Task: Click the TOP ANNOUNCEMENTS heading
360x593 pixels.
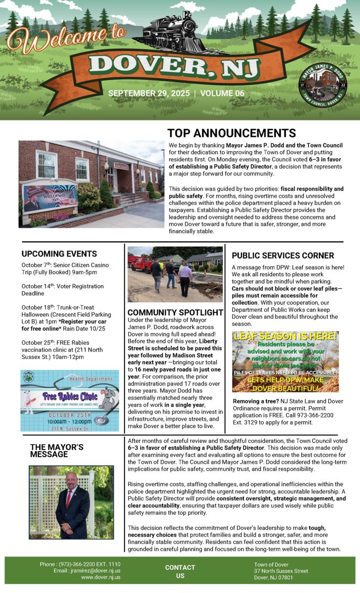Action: (x=232, y=133)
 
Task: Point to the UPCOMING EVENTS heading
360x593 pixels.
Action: (x=59, y=254)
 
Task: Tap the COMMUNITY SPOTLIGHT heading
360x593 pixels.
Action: (x=175, y=312)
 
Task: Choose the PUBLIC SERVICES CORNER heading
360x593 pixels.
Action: (x=283, y=255)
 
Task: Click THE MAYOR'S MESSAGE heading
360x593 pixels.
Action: (x=57, y=451)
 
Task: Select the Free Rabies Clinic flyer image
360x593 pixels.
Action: (x=70, y=400)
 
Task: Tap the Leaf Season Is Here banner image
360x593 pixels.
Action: (x=285, y=361)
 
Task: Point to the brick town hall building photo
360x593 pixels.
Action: (x=91, y=184)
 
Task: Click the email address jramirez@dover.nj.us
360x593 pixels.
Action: (x=94, y=570)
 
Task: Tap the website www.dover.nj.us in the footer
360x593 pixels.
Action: (x=101, y=577)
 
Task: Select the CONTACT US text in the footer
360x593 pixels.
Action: (x=180, y=571)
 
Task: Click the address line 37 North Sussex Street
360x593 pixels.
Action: (x=281, y=571)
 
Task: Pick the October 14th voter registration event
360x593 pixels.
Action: (x=63, y=290)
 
